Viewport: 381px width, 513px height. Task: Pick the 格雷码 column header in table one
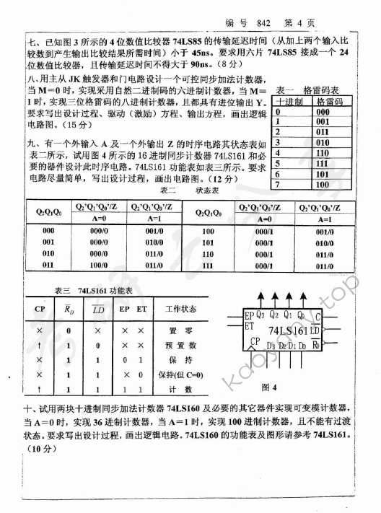(x=324, y=102)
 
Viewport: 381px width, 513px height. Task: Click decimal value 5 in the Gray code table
(x=277, y=164)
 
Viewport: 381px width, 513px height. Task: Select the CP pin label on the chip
(x=255, y=341)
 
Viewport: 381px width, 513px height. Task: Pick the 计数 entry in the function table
(x=171, y=389)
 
